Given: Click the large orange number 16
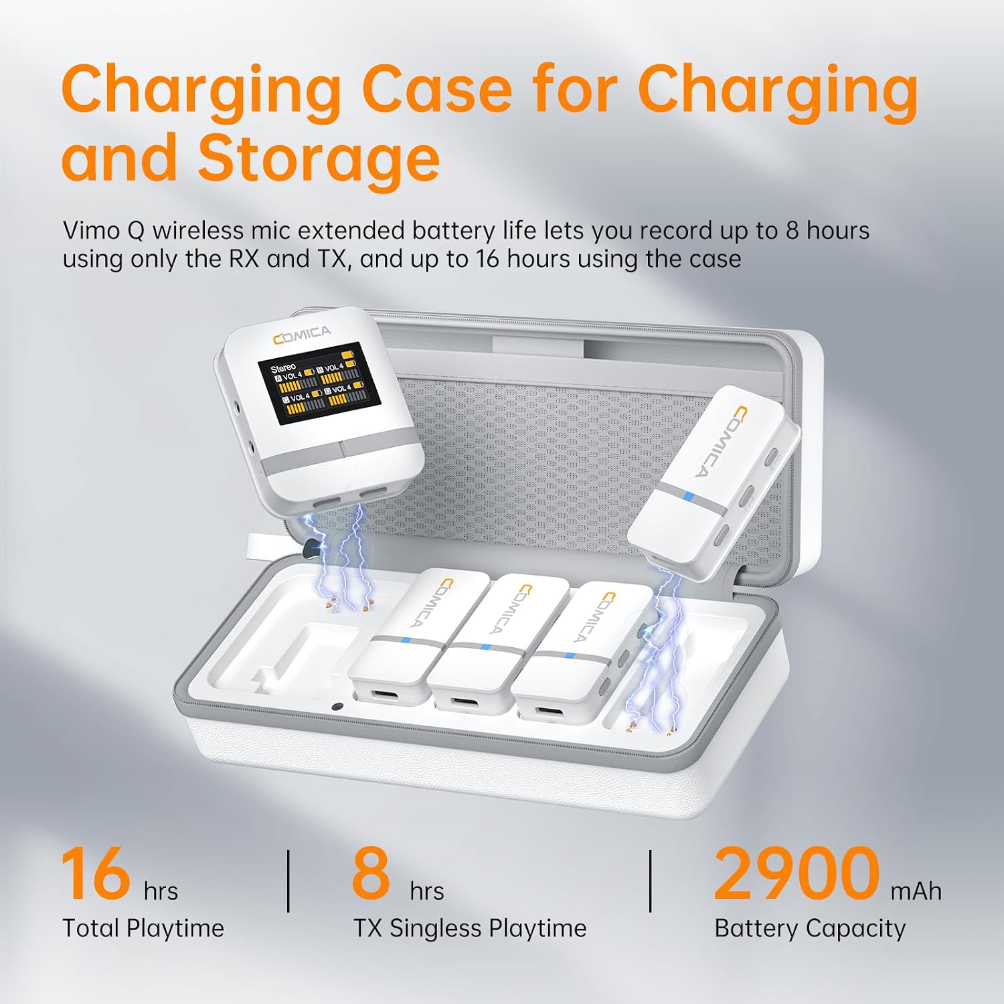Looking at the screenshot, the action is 95,873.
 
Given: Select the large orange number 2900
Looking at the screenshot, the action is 797,873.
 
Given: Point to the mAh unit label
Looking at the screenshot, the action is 916,892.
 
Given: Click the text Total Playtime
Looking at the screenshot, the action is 143,928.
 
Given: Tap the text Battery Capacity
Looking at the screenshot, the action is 810,929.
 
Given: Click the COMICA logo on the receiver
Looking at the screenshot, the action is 302,335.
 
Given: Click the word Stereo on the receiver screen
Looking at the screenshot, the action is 282,367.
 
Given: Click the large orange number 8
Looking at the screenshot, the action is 371,873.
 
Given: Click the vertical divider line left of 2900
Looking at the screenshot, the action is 651,881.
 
